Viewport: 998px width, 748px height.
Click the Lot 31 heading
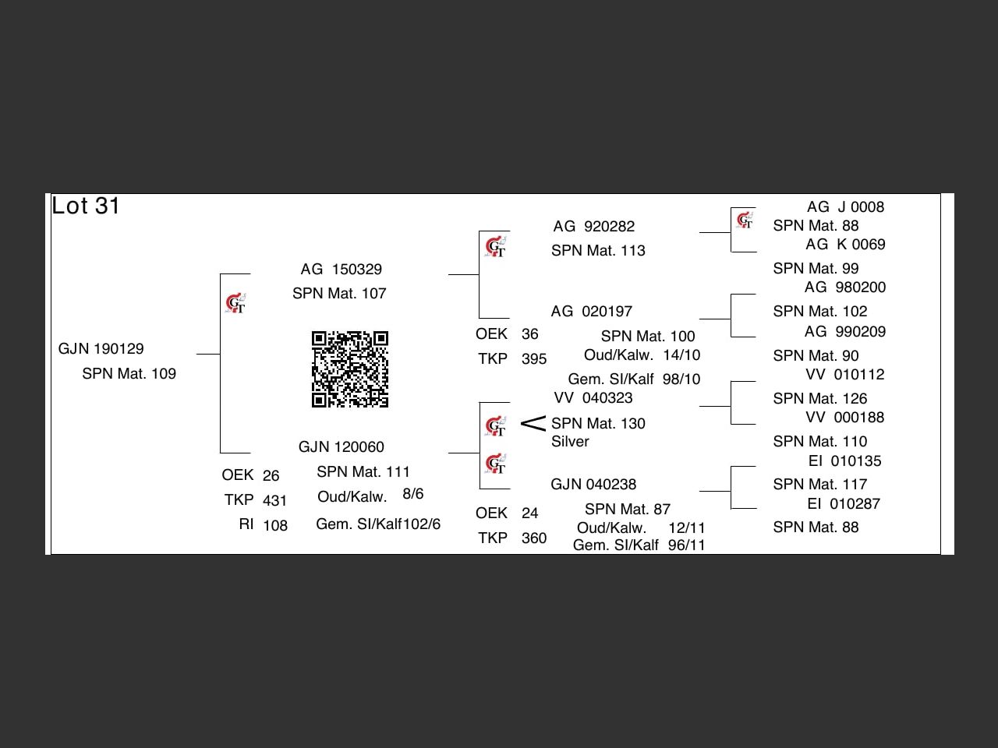tap(86, 206)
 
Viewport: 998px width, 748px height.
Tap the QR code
tap(350, 369)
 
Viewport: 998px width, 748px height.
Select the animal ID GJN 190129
tap(101, 348)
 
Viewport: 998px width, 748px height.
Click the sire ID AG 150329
tap(342, 270)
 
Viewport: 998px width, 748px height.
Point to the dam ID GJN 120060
tap(342, 446)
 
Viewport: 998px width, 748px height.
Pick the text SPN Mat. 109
tap(129, 373)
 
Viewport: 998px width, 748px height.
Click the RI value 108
tap(275, 525)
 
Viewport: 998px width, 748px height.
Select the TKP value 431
tap(275, 500)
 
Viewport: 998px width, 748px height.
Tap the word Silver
tap(570, 442)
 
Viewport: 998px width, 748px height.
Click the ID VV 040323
tap(593, 398)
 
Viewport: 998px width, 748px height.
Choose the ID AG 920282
tap(594, 227)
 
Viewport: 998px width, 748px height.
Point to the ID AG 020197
tap(592, 312)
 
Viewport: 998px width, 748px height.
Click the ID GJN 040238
tap(593, 484)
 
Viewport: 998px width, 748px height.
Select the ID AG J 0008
tap(845, 207)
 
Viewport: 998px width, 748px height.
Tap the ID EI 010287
tap(844, 504)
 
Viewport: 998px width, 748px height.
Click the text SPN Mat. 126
tap(820, 398)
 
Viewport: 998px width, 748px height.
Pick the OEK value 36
tap(530, 334)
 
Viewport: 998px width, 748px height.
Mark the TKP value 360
tap(534, 538)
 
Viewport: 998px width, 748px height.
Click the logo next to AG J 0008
tap(745, 221)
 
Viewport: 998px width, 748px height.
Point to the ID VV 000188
tap(845, 418)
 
